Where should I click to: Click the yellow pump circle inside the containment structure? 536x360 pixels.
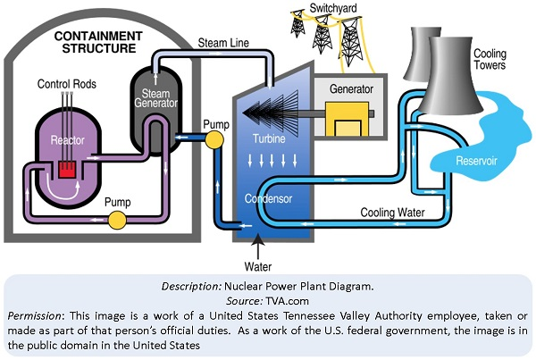pos(115,219)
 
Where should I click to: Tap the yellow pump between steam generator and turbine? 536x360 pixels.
pos(214,139)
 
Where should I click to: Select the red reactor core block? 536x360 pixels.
pos(65,171)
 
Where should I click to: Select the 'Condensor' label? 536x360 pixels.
pos(270,198)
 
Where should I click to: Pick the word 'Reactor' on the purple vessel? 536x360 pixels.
pos(67,143)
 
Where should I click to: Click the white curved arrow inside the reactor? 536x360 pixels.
pos(63,189)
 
